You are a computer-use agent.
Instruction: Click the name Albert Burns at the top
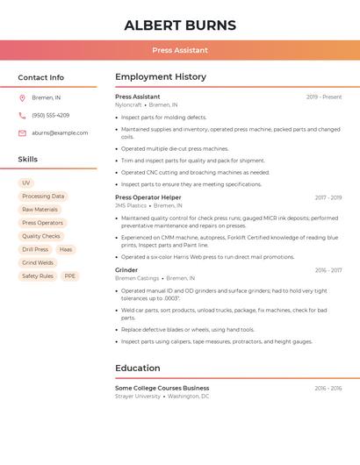(x=180, y=25)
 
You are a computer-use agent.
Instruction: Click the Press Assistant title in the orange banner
(x=180, y=51)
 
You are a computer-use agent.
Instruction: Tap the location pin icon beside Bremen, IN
(x=23, y=98)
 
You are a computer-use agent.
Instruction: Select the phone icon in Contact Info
(x=23, y=116)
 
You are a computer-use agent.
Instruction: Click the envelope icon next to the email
(x=23, y=133)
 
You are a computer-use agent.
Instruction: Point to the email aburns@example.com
(x=60, y=133)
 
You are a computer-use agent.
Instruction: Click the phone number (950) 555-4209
(x=50, y=116)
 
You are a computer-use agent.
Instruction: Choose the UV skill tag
(x=26, y=183)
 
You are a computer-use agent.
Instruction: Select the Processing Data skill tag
(x=43, y=197)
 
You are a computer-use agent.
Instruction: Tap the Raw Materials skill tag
(x=40, y=210)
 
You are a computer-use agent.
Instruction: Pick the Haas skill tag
(x=66, y=250)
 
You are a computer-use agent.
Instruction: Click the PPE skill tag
(x=70, y=276)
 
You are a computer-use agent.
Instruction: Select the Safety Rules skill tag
(x=38, y=276)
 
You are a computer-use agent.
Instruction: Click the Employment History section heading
(x=161, y=77)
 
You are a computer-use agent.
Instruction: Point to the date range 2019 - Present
(x=324, y=97)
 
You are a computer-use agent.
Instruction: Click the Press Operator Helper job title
(x=148, y=198)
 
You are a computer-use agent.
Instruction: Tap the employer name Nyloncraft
(x=128, y=104)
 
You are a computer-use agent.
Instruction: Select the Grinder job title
(x=126, y=271)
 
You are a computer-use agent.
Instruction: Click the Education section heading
(x=138, y=368)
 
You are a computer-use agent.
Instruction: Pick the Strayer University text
(x=138, y=396)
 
